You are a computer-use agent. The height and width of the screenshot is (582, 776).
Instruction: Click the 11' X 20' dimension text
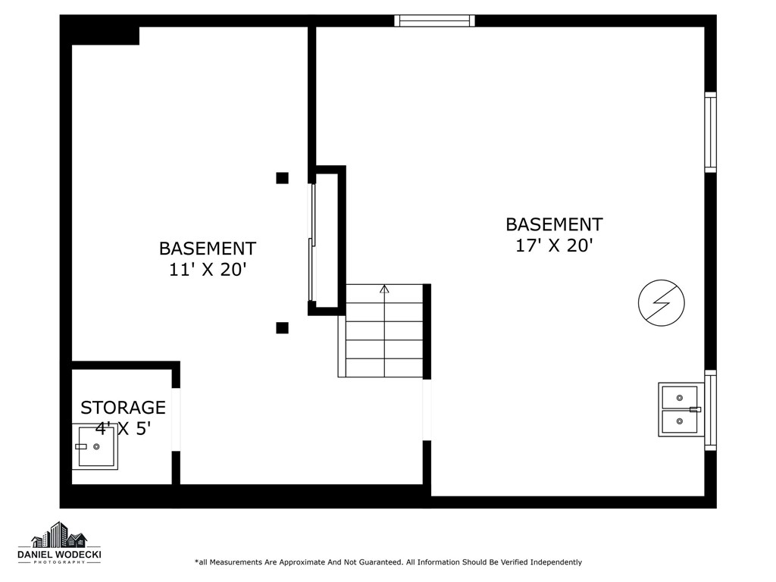208,270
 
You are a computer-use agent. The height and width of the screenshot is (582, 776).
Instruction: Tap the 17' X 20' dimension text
554,246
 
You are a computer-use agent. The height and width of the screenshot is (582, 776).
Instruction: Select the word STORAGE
123,408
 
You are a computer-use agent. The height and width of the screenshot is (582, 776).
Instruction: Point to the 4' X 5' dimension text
124,428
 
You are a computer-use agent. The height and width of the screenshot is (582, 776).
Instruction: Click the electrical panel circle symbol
661,303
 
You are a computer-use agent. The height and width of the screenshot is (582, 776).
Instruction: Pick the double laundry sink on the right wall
681,409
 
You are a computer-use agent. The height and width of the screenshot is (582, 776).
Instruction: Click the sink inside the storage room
97,447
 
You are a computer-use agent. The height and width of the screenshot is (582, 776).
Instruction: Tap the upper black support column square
282,178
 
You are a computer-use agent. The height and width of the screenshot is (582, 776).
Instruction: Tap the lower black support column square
282,328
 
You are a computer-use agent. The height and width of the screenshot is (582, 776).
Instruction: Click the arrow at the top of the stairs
384,289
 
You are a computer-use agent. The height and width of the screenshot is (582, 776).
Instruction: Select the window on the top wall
435,20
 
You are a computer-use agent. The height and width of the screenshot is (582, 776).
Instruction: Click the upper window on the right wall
710,132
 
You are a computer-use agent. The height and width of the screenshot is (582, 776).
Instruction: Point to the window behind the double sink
710,409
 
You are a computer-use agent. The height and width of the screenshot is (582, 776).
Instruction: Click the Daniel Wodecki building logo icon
59,535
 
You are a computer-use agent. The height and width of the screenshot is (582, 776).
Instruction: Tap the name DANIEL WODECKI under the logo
59,555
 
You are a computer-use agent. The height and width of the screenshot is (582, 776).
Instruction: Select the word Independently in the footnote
555,562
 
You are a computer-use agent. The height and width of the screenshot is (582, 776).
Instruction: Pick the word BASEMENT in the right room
554,224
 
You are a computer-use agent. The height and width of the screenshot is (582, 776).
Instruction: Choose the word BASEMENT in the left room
208,249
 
